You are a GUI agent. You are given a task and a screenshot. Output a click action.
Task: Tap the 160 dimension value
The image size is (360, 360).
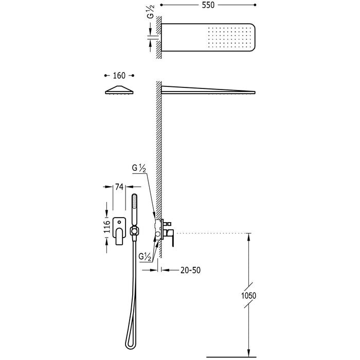(119, 75)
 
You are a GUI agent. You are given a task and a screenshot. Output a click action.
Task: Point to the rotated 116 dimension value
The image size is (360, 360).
(107, 225)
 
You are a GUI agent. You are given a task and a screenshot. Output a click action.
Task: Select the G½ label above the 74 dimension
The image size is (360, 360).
(140, 168)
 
